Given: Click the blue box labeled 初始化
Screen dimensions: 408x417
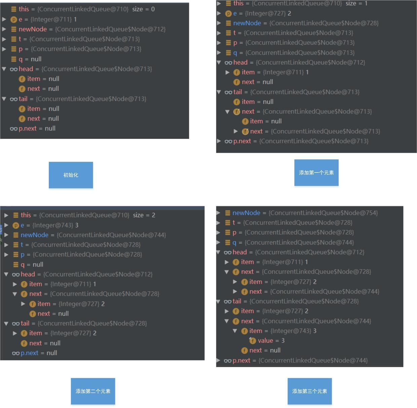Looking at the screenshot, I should tap(71, 175).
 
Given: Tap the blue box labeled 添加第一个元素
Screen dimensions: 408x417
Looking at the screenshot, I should tap(316, 173).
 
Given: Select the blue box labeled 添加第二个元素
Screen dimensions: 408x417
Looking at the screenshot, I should tap(93, 391).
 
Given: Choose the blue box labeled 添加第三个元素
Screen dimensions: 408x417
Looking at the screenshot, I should tap(309, 391).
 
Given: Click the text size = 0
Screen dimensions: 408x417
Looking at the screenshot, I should tap(143, 9).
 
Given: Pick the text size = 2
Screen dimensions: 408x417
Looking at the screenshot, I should tap(144, 215).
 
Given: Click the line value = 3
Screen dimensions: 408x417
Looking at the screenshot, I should tap(271, 340).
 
